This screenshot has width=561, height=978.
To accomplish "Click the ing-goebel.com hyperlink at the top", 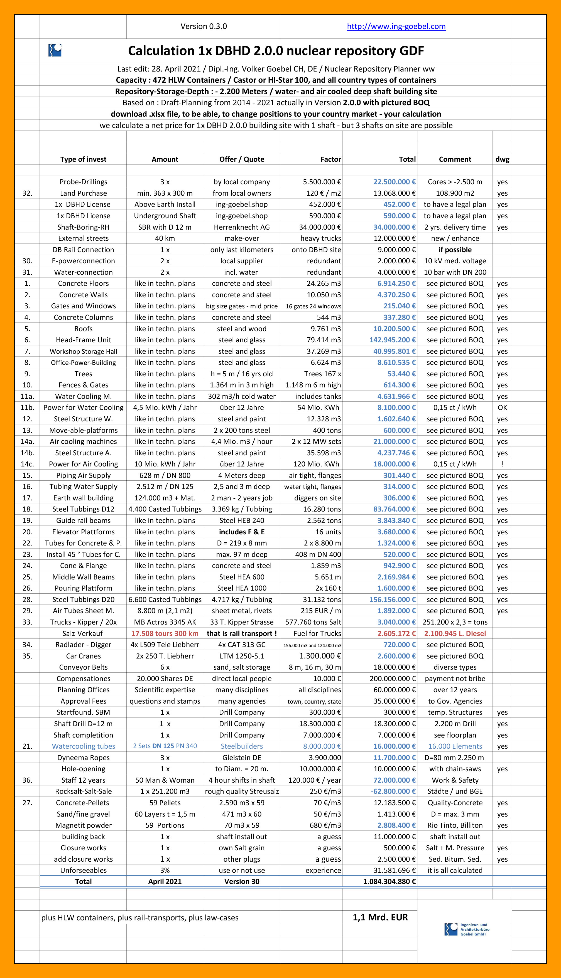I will (x=396, y=26).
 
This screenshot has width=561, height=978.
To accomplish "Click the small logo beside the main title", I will (x=55, y=50).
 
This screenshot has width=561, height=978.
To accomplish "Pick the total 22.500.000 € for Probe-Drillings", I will (x=394, y=182).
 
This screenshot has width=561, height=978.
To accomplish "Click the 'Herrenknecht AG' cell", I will (x=242, y=227).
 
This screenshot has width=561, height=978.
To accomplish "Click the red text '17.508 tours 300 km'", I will (x=165, y=633).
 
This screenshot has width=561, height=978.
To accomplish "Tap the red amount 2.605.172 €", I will (x=396, y=633).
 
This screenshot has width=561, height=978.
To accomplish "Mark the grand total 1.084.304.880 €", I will (x=389, y=881).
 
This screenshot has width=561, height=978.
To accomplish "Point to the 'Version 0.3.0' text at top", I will (x=204, y=26).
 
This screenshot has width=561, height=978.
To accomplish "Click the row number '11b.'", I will (x=27, y=407).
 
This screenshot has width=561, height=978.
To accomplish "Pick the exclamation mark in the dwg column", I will (x=502, y=464).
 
